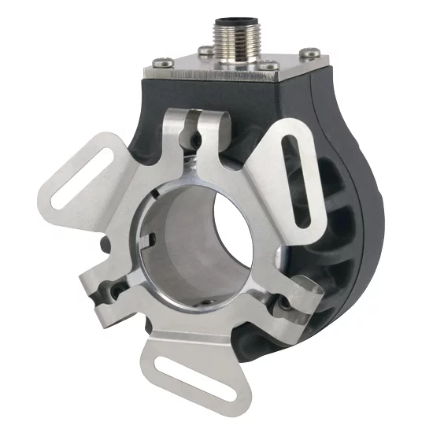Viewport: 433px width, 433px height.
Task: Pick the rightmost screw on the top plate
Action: (312, 54)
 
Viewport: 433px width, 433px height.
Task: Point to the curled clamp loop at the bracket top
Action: (202, 122)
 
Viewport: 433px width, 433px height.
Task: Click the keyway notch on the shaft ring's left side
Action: (147, 236)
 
